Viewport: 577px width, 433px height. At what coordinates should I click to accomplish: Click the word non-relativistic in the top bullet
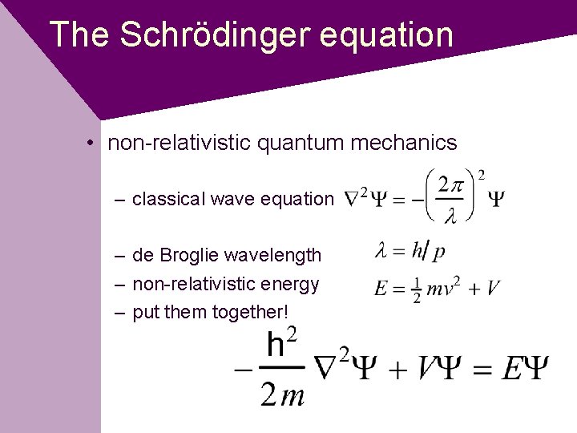click(x=181, y=144)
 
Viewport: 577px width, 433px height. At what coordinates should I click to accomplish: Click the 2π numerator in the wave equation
click(x=450, y=185)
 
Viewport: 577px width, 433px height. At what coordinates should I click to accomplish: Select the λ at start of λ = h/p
click(x=381, y=252)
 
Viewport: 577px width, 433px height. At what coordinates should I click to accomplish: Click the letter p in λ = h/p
click(x=438, y=253)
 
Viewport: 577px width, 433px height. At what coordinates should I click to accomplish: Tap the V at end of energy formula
click(x=492, y=288)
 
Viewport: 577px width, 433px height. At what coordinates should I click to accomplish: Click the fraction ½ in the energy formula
click(x=416, y=289)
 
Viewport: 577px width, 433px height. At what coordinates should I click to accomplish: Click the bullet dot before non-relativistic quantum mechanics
click(x=93, y=144)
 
